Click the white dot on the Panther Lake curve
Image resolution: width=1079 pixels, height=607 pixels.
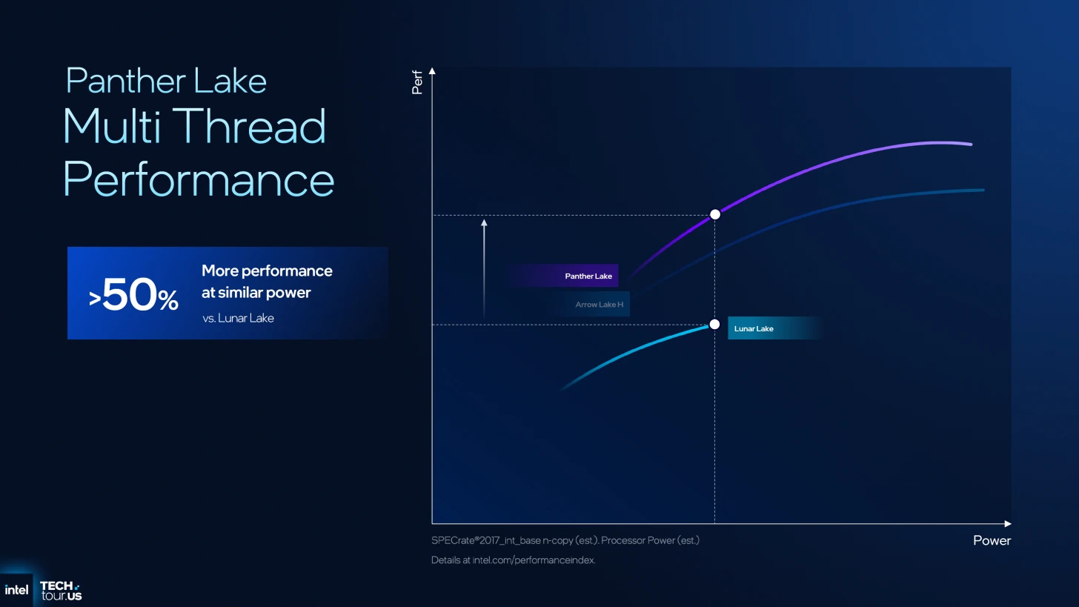coord(715,214)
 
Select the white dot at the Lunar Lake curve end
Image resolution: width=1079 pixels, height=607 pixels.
coord(715,324)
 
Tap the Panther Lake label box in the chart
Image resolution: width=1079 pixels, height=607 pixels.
coord(562,276)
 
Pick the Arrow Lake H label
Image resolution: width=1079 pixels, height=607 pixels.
coord(599,305)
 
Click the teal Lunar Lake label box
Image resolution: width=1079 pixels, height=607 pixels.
coord(774,328)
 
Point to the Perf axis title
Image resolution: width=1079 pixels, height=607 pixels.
coord(417,82)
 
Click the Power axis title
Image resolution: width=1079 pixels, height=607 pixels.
coord(992,540)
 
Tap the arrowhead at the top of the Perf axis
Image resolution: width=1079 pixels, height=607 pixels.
coord(432,71)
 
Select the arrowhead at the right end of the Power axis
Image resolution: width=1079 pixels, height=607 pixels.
coord(1008,524)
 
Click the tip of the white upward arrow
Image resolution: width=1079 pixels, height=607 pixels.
coord(484,220)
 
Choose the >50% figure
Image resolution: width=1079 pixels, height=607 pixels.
coord(133,294)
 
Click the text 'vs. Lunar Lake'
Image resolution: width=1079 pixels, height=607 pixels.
coord(238,318)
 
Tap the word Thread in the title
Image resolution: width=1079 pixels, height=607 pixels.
coord(249,126)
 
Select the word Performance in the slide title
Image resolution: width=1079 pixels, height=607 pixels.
coord(199,179)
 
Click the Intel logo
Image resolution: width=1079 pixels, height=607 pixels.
coord(16,590)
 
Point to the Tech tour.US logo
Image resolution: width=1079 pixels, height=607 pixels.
coord(62,591)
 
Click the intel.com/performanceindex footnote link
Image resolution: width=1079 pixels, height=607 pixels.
coord(534,560)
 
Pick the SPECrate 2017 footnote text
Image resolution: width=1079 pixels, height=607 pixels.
coord(565,540)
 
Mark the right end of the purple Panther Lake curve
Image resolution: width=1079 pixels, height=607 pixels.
coord(971,144)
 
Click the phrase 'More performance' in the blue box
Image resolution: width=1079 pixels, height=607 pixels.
coord(267,271)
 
